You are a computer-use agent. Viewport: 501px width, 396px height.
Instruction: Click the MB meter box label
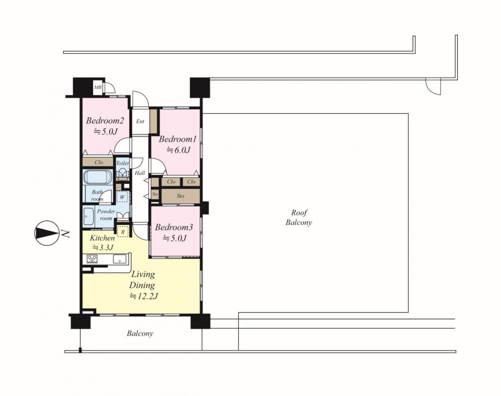(97, 87)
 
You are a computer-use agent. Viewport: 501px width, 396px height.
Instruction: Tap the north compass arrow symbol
(46, 233)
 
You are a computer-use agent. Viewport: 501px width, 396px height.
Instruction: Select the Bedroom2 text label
(105, 121)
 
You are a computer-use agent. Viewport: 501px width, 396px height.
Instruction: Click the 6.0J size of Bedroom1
(178, 149)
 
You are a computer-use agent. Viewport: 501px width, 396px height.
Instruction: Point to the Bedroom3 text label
(174, 227)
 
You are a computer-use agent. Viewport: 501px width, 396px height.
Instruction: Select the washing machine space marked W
(122, 197)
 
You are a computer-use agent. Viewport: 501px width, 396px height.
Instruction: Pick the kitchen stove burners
(92, 259)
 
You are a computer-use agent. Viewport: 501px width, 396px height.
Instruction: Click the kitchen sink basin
(120, 260)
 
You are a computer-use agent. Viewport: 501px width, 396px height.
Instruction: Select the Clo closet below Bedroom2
(98, 162)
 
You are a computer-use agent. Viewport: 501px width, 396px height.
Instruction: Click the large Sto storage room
(180, 196)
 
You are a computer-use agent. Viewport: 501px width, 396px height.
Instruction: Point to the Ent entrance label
(140, 121)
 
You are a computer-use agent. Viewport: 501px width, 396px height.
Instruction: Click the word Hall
(140, 173)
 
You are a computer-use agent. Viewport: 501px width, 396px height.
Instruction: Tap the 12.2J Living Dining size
(143, 296)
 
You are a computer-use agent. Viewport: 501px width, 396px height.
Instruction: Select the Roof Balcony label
(299, 218)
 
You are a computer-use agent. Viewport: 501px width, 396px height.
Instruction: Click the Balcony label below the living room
(140, 334)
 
